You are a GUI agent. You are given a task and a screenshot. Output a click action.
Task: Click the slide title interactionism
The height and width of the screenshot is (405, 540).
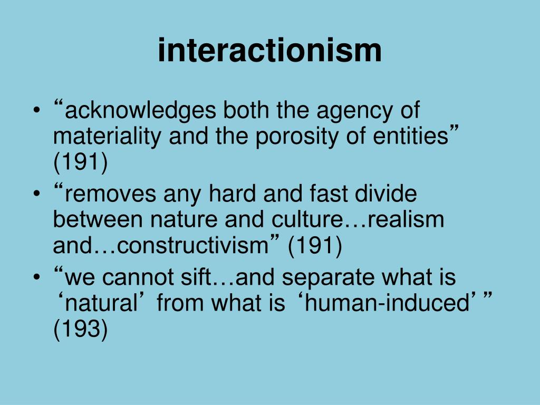[269, 51]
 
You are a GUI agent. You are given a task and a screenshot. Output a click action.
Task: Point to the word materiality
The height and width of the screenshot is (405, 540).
[108, 137]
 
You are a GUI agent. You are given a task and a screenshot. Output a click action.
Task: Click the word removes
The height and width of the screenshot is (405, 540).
[110, 194]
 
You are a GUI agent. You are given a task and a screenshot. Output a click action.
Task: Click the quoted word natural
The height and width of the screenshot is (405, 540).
[102, 304]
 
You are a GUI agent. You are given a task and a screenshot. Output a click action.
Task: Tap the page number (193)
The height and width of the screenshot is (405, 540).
[80, 330]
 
